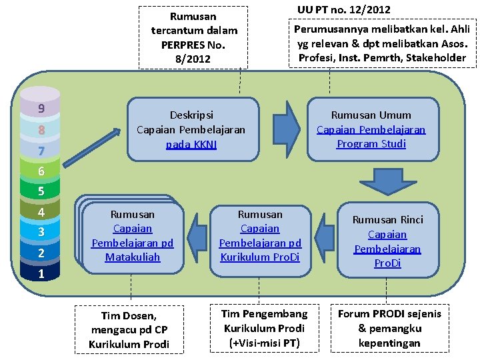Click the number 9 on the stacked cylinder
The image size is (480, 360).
click(41, 108)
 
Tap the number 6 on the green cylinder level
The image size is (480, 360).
click(41, 171)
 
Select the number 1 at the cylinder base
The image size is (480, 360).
click(41, 273)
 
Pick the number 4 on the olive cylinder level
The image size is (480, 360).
click(41, 213)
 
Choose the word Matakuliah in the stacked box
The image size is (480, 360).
click(133, 257)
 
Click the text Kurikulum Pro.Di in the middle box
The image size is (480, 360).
click(260, 257)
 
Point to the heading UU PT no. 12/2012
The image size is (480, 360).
click(344, 9)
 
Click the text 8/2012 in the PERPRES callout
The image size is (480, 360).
click(193, 59)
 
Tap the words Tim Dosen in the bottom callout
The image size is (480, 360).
click(129, 315)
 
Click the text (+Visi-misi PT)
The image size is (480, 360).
click(264, 343)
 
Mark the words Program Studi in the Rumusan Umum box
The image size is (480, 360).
click(371, 143)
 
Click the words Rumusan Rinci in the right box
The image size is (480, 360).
click(387, 219)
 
